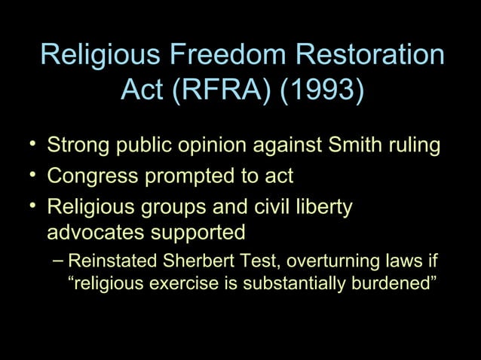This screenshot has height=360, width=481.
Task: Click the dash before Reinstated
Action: [x=60, y=261]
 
